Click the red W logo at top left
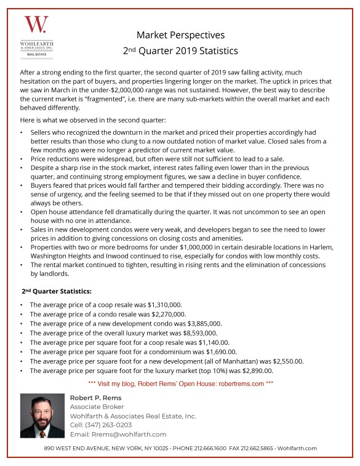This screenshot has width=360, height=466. coord(34,25)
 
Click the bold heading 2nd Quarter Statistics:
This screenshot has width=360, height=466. coord(57,291)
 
